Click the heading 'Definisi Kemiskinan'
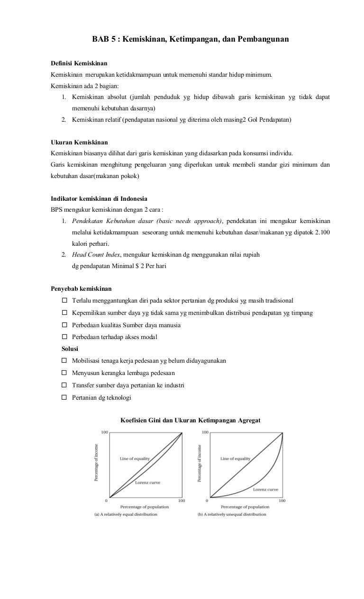tap(79, 63)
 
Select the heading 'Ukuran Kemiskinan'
tap(79, 142)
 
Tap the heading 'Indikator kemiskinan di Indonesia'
tap(99, 199)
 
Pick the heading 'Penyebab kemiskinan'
tap(81, 288)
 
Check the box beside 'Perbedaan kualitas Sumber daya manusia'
tap(64, 325)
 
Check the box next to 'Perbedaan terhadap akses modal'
tap(64, 337)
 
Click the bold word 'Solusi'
tap(70, 349)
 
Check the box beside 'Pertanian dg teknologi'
tap(64, 398)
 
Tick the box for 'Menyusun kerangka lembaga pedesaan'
tap(64, 373)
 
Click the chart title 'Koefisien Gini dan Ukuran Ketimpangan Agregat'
tap(191, 420)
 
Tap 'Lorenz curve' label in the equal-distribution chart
tap(147, 483)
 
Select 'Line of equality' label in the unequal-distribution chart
tap(236, 459)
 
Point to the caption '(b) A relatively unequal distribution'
tap(232, 514)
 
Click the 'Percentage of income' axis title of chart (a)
tap(97, 463)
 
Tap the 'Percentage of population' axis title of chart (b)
tap(245, 507)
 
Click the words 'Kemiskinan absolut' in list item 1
tap(100, 97)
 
